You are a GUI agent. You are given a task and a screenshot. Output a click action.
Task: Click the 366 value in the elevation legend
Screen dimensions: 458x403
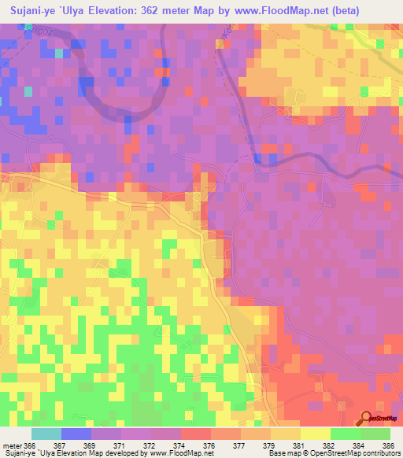point(28,445)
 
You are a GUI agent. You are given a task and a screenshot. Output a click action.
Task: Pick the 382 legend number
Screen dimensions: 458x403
point(322,445)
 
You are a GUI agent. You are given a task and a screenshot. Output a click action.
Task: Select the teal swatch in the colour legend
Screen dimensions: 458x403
point(46,434)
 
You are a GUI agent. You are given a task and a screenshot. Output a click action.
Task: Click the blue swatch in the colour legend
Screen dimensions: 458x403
point(76,434)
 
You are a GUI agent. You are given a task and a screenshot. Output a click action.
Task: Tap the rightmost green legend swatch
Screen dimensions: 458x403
point(375,434)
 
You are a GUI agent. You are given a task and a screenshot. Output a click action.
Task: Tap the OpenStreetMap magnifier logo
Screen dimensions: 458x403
point(366,419)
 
